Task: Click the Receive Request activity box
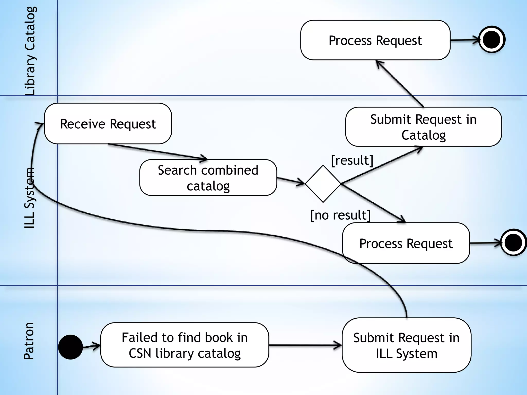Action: click(x=108, y=124)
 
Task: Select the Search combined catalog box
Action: click(x=208, y=178)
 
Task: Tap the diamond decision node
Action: click(x=323, y=184)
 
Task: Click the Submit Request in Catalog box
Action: click(x=423, y=127)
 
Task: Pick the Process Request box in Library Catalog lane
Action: click(x=375, y=40)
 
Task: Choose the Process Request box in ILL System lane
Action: click(x=406, y=243)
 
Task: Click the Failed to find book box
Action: click(x=185, y=345)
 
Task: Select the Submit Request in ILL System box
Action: click(x=406, y=345)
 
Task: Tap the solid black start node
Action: click(x=70, y=347)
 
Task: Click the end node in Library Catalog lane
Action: click(x=491, y=40)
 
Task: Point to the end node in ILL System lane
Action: click(x=513, y=243)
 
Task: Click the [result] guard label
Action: click(x=352, y=160)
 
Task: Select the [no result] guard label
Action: click(x=340, y=215)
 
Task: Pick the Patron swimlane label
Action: click(x=29, y=341)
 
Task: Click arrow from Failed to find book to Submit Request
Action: click(x=305, y=345)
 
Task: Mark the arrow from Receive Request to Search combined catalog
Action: click(x=157, y=152)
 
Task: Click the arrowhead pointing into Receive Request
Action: click(x=40, y=124)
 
